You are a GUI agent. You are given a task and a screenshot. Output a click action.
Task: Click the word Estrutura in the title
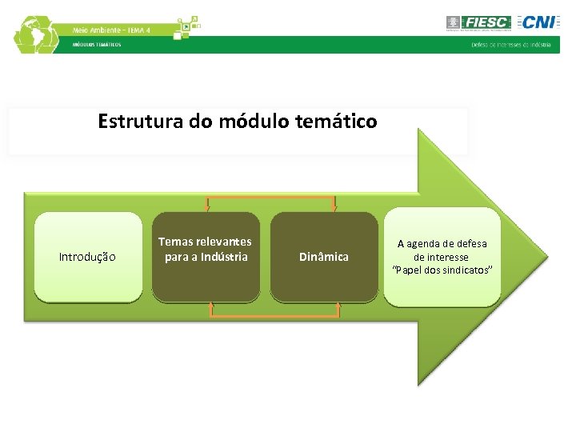point(131,122)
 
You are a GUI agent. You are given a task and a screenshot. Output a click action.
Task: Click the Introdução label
point(87,257)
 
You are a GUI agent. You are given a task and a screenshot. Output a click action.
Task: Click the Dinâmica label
point(323,257)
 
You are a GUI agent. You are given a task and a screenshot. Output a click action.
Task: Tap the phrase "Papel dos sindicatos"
point(442,270)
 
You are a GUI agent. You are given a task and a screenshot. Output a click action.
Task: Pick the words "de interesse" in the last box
point(442,257)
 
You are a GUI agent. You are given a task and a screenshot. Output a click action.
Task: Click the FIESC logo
point(478,22)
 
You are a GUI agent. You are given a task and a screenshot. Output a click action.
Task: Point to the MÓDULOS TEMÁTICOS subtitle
point(97,45)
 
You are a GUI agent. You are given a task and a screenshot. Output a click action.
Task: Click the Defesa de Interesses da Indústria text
point(510,45)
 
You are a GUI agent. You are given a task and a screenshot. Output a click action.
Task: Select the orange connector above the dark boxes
point(270,197)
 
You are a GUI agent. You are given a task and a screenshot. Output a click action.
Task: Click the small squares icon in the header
point(186,26)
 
